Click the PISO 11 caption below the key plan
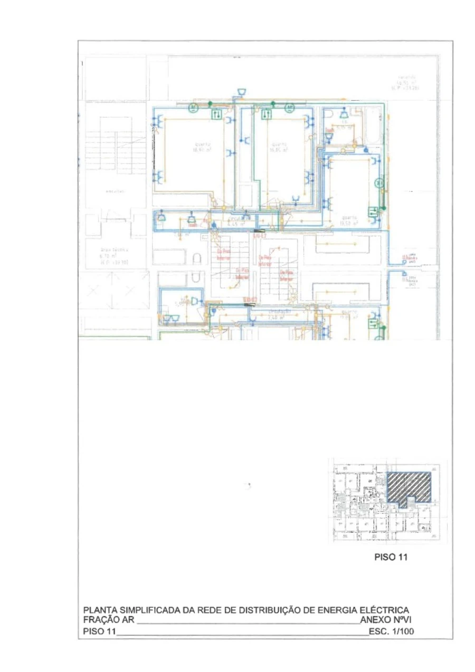tap(391, 557)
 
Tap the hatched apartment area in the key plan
tap(410, 485)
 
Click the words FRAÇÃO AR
tap(109, 620)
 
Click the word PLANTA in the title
tap(100, 610)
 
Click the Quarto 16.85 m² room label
tap(279, 147)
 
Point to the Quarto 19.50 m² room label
tap(349, 220)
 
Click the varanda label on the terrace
tap(408, 82)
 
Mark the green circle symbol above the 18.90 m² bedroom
tap(193, 108)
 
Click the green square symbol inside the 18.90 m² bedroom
tap(216, 114)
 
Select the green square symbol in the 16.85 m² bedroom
tap(267, 114)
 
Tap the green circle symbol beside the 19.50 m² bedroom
tap(379, 184)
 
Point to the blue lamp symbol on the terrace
tap(241, 93)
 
